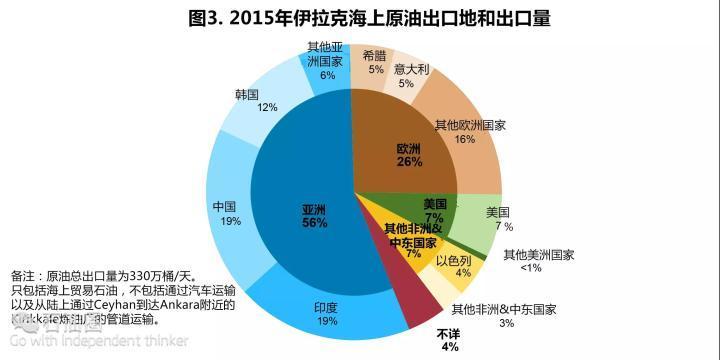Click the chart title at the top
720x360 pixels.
(x=360, y=19)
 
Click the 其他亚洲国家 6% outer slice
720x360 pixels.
(x=326, y=62)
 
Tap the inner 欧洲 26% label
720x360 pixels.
(x=409, y=155)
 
